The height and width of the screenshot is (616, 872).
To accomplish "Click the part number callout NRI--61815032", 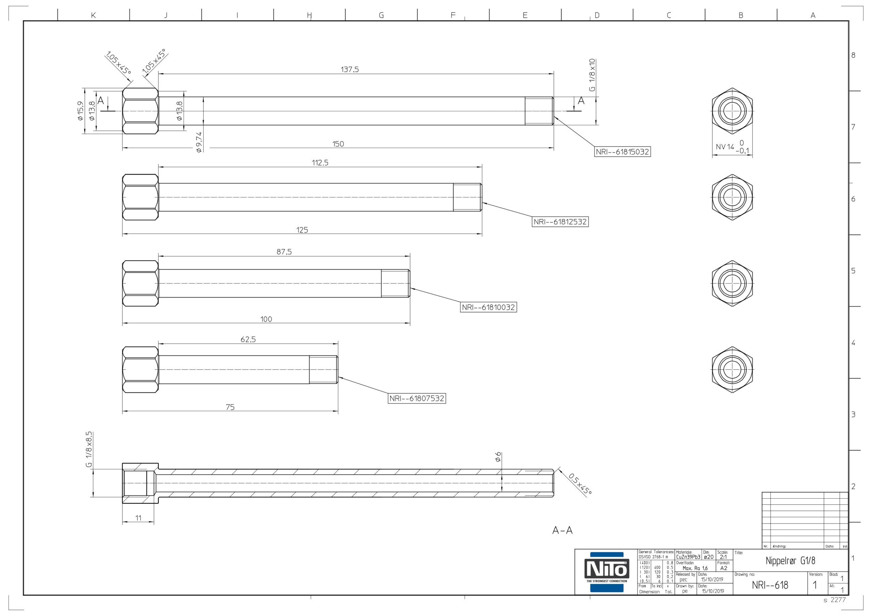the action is (x=622, y=152).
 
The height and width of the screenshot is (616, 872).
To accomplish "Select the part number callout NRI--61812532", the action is (x=560, y=222).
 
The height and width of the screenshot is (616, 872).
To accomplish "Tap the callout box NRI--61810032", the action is (x=488, y=307).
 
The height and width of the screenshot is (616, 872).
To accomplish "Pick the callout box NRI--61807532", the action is (x=417, y=399).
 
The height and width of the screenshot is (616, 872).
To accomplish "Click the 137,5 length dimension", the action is (x=350, y=69).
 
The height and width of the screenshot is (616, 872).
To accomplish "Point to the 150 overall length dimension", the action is (x=338, y=144).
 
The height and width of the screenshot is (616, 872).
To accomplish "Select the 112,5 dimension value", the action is (x=320, y=163).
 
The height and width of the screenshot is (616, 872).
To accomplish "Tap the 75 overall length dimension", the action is (x=230, y=407).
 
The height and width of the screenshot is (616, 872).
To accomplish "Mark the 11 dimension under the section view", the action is (x=138, y=518).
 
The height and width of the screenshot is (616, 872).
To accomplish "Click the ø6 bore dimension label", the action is (x=498, y=457).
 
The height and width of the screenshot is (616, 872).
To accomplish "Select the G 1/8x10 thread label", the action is (x=592, y=75).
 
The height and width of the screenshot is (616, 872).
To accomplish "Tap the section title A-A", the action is (x=562, y=530).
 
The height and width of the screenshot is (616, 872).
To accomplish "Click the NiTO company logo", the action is (x=607, y=572).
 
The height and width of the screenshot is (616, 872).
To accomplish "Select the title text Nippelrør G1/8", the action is (x=790, y=561).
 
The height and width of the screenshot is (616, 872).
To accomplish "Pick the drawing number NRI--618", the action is (x=770, y=585).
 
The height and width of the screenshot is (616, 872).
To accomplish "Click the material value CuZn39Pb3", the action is (x=688, y=557).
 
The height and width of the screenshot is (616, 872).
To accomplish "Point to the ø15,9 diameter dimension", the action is (x=80, y=111).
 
